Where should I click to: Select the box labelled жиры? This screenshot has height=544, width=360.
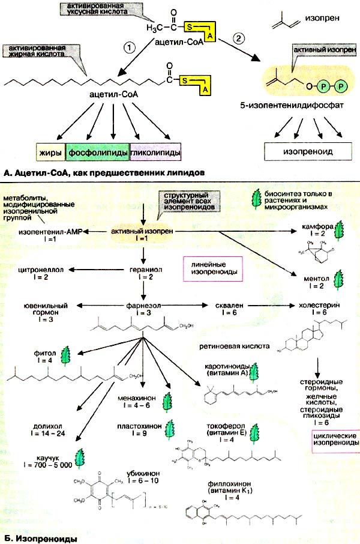(x=51, y=153)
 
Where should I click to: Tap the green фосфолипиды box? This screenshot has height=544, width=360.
(x=95, y=153)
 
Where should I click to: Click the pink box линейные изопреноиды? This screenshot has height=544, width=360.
(x=212, y=268)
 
